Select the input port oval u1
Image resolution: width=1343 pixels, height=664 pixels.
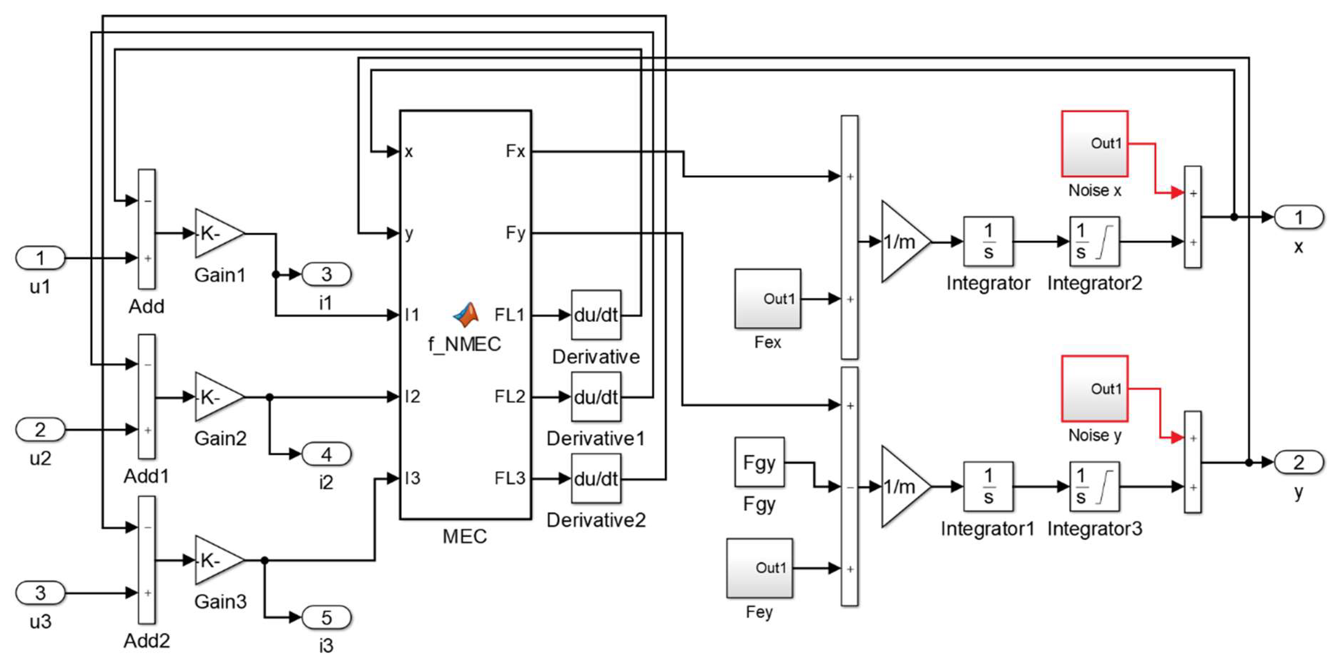(40, 258)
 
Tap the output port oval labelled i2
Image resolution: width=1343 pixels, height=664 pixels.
(326, 454)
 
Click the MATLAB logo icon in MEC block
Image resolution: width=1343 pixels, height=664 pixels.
(466, 315)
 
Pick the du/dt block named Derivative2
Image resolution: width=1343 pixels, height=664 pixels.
(596, 478)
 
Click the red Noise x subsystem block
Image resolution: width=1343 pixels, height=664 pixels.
(1094, 144)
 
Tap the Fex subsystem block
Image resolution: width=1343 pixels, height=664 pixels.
(767, 299)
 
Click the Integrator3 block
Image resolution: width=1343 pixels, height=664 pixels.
(1094, 486)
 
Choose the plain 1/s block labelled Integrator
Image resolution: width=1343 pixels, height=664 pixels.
(988, 241)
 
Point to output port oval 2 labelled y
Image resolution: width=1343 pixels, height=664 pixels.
(1299, 462)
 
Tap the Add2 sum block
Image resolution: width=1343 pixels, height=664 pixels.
(147, 560)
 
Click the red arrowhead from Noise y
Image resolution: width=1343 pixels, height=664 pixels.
(1177, 437)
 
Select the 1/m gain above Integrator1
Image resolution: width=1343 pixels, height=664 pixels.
(904, 486)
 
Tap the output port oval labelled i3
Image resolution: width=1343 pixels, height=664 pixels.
(326, 618)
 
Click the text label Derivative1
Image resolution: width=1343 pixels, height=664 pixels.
(595, 438)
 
